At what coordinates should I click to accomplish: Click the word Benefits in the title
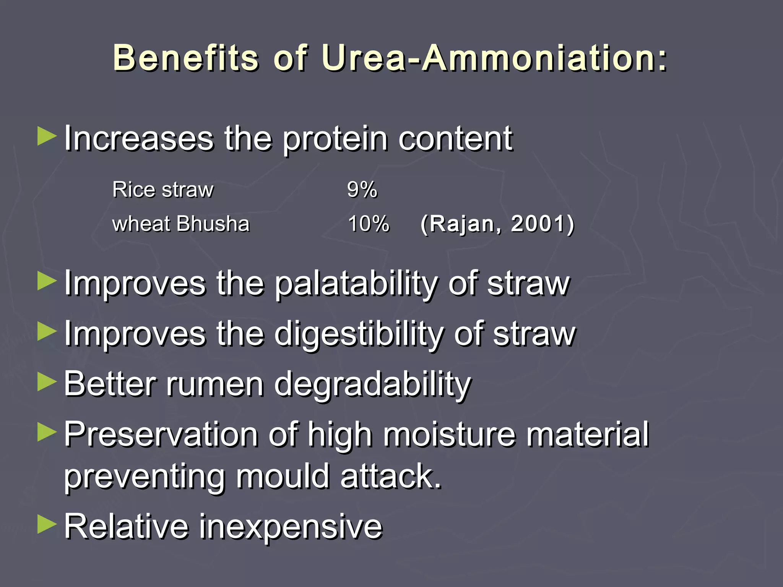186,58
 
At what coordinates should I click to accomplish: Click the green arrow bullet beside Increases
47,137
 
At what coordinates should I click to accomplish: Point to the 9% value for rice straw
362,190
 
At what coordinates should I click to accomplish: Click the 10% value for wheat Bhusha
369,224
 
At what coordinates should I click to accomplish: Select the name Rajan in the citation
463,224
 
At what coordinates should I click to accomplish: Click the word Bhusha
213,224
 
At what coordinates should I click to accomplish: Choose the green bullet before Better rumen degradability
47,382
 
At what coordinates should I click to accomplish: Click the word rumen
215,384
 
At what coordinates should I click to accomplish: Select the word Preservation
161,435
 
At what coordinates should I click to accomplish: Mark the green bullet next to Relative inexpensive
47,524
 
